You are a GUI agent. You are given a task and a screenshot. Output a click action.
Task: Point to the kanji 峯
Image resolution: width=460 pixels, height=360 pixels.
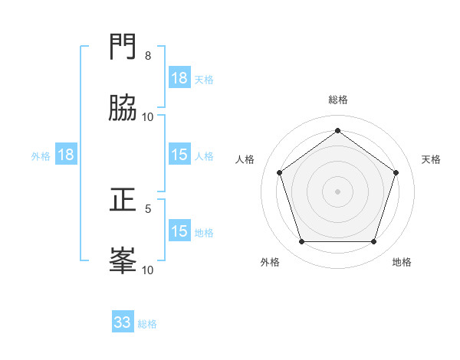click(123, 260)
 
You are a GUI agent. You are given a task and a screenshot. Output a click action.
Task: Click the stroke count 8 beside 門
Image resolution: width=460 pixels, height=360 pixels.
click(148, 56)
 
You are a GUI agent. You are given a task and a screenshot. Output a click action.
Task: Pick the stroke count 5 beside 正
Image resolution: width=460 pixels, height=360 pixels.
click(148, 208)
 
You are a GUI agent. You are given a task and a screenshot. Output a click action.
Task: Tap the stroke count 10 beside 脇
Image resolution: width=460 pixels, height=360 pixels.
click(148, 117)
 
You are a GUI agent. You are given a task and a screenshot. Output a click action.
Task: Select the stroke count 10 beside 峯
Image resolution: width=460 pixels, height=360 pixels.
click(148, 270)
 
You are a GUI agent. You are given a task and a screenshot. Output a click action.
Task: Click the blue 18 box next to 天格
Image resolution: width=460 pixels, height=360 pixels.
click(179, 78)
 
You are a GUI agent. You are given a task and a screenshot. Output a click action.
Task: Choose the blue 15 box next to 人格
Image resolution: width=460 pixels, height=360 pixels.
click(179, 155)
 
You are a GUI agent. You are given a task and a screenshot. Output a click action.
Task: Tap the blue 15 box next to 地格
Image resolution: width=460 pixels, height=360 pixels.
click(179, 231)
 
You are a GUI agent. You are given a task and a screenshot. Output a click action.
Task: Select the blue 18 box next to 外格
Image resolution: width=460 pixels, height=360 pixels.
click(66, 155)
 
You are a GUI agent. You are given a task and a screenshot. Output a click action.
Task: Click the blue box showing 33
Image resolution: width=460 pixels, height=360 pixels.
click(123, 322)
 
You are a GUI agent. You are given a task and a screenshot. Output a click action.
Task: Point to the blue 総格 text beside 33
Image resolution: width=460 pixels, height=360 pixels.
click(147, 324)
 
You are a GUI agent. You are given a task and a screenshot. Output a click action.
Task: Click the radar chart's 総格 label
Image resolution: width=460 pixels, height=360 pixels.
click(338, 100)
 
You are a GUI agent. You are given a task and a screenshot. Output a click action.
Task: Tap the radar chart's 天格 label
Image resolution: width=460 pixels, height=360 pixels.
click(431, 159)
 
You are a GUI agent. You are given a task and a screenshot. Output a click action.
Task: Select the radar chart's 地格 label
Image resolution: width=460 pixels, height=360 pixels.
click(402, 262)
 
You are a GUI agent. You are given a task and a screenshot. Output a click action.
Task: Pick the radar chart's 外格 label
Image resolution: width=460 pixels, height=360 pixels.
click(270, 262)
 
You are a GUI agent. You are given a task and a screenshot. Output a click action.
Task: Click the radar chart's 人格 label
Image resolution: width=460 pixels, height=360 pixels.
click(245, 159)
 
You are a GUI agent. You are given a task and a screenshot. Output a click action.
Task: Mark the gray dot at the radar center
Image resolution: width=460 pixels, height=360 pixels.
click(338, 191)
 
